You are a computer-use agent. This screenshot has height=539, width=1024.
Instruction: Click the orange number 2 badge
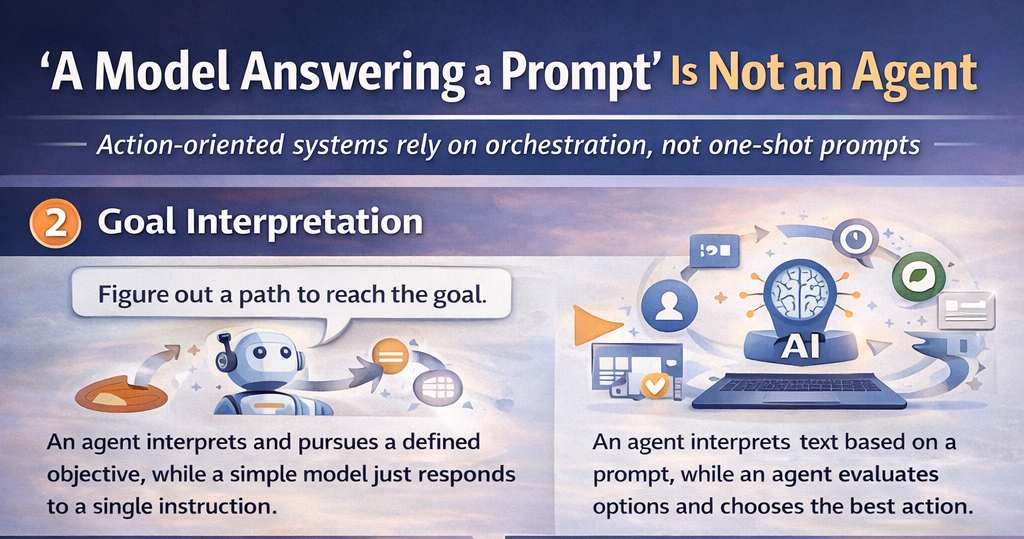click(x=56, y=223)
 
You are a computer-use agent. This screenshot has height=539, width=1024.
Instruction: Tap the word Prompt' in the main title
click(x=577, y=73)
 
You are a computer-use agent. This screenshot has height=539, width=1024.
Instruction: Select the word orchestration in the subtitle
click(x=566, y=145)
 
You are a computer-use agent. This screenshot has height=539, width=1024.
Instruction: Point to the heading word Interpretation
click(x=304, y=223)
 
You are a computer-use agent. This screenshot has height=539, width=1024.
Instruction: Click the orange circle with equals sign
click(x=390, y=357)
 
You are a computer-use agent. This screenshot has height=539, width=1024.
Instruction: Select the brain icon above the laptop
click(x=799, y=291)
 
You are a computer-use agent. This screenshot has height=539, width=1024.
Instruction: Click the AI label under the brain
click(x=800, y=347)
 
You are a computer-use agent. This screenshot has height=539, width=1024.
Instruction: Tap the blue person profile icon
click(x=669, y=305)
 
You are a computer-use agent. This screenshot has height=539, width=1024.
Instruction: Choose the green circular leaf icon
click(x=918, y=276)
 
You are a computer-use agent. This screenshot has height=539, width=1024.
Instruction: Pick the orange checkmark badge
click(x=654, y=385)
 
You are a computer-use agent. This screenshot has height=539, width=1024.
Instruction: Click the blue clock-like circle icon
click(x=854, y=239)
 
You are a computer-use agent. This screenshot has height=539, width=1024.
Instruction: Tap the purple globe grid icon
click(x=438, y=386)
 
